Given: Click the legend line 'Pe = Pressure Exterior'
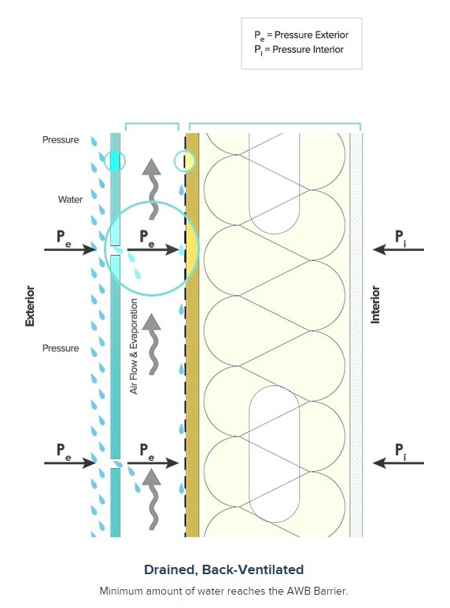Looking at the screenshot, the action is (x=301, y=35).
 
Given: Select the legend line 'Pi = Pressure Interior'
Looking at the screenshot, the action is (x=299, y=50).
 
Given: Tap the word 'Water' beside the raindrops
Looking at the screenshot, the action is (x=70, y=199).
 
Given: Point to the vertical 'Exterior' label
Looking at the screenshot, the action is (x=30, y=306).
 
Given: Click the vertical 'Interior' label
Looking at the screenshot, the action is (x=375, y=304).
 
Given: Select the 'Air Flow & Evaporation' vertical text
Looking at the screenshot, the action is (x=134, y=346).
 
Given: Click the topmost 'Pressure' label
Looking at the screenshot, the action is (x=61, y=139).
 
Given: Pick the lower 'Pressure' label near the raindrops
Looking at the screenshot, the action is (x=61, y=348).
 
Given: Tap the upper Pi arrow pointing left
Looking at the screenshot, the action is (x=398, y=249).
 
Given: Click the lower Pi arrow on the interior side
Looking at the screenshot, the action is (x=398, y=462).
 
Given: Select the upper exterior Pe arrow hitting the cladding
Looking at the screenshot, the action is (x=70, y=249).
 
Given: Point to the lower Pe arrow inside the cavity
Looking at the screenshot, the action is (x=153, y=462).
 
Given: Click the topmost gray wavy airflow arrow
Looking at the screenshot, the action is (x=153, y=189).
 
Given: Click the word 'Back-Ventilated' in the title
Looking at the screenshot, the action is (x=253, y=569).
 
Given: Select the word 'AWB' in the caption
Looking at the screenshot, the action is (x=297, y=591).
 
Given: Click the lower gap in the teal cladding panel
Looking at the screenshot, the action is (x=116, y=464).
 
